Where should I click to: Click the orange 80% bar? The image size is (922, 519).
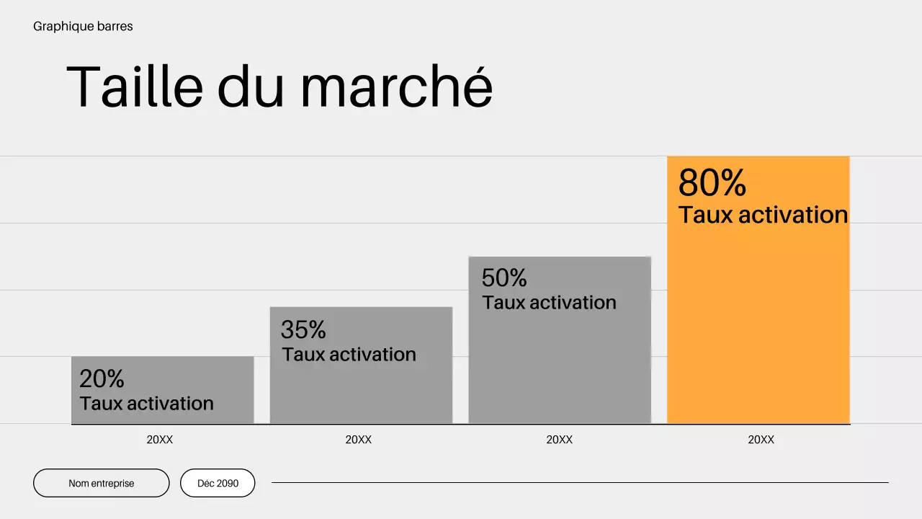pyautogui.click(x=758, y=324)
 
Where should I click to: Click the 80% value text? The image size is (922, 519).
pyautogui.click(x=712, y=183)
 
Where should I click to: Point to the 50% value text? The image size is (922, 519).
pyautogui.click(x=504, y=278)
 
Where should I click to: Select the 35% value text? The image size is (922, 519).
pyautogui.click(x=303, y=330)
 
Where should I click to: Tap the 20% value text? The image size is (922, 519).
pyautogui.click(x=102, y=378)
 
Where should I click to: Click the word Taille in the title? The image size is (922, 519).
pyautogui.click(x=135, y=87)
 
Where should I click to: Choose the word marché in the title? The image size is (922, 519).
pyautogui.click(x=396, y=87)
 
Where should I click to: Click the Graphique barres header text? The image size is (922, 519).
pyautogui.click(x=83, y=27)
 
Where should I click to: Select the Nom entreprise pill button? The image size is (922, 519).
pyautogui.click(x=102, y=483)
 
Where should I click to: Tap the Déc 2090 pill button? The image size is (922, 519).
pyautogui.click(x=218, y=483)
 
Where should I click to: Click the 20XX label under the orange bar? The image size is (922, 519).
pyautogui.click(x=761, y=440)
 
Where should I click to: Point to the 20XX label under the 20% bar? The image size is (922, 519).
pyautogui.click(x=160, y=440)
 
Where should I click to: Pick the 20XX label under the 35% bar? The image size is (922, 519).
pyautogui.click(x=359, y=440)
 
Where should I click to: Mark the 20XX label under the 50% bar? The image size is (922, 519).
pyautogui.click(x=560, y=440)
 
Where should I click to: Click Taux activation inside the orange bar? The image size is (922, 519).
pyautogui.click(x=763, y=215)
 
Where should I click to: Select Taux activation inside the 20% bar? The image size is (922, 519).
pyautogui.click(x=147, y=403)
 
